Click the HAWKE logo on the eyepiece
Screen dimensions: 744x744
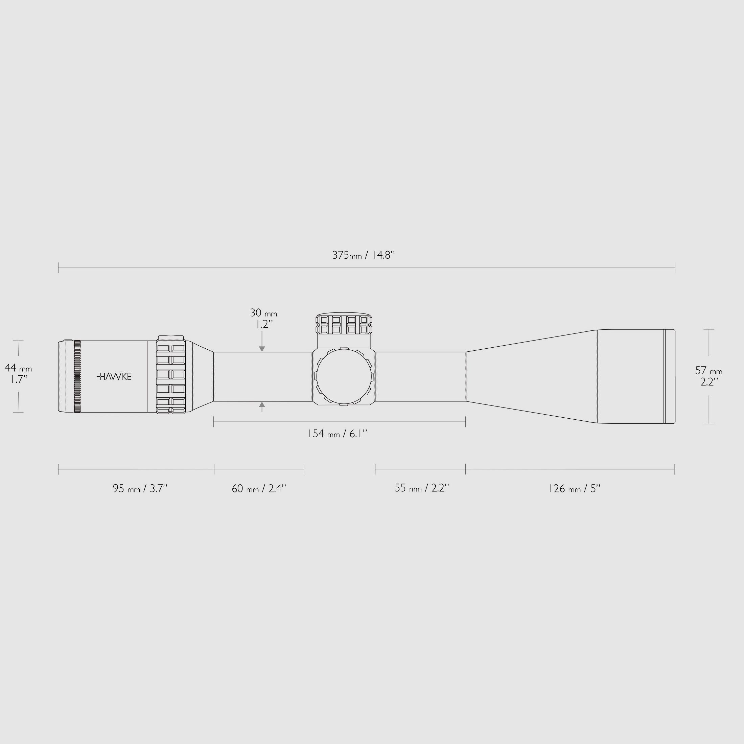click(x=114, y=376)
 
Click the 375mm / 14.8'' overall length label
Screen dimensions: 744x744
click(x=364, y=255)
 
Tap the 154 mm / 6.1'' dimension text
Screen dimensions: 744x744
click(x=337, y=434)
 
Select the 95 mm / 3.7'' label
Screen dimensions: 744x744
click(x=140, y=489)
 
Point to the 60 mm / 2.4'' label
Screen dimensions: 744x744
click(x=259, y=489)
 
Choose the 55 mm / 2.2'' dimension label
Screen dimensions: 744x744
click(x=422, y=488)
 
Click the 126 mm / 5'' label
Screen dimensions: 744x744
click(x=574, y=489)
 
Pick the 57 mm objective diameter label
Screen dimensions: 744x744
click(x=708, y=370)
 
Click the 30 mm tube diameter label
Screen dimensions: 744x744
click(x=263, y=313)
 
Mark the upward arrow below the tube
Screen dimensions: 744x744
click(x=262, y=405)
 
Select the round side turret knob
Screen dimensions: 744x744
click(x=344, y=376)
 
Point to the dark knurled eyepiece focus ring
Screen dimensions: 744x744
click(x=77, y=376)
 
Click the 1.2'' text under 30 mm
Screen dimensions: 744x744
click(x=264, y=324)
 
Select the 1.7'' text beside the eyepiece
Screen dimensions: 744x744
click(x=19, y=379)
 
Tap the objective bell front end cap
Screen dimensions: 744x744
click(x=669, y=376)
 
